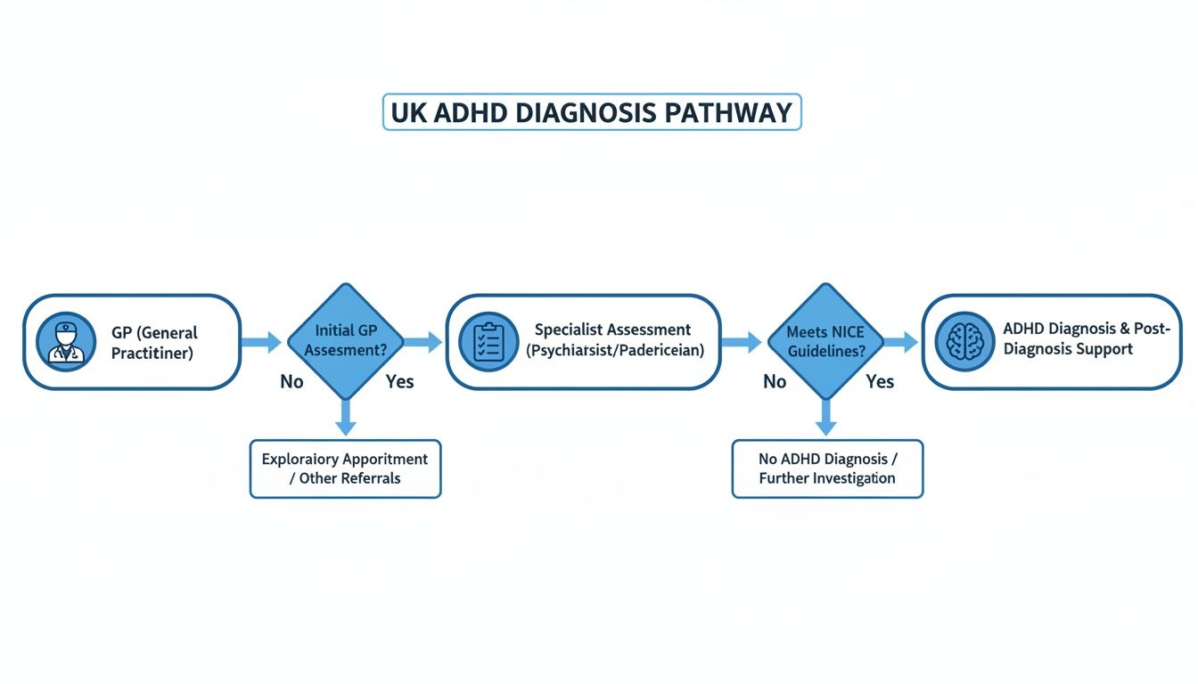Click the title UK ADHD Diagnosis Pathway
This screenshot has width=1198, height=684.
[x=592, y=113]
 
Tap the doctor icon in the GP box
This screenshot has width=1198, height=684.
[x=67, y=342]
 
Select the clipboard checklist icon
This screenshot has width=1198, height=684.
[x=488, y=342]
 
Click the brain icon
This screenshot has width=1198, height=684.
[x=964, y=342]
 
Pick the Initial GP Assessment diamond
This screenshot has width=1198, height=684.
[x=346, y=341]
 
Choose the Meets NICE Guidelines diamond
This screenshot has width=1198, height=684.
[x=826, y=341]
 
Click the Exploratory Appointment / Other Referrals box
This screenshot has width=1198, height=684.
[x=345, y=468]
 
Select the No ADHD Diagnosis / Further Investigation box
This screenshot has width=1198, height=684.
[x=827, y=468]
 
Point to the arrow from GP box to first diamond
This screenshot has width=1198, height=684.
[x=262, y=341]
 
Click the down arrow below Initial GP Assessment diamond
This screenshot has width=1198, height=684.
[x=346, y=416]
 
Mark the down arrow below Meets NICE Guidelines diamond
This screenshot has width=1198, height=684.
[x=826, y=416]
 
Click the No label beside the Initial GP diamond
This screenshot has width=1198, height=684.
[x=291, y=382]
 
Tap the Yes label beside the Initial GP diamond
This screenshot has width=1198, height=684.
[x=399, y=382]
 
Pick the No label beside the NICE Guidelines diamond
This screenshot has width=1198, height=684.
[x=775, y=382]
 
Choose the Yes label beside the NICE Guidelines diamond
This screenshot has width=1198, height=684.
[x=880, y=382]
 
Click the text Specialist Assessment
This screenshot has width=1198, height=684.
[x=613, y=330]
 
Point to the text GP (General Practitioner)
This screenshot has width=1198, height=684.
[x=154, y=343]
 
